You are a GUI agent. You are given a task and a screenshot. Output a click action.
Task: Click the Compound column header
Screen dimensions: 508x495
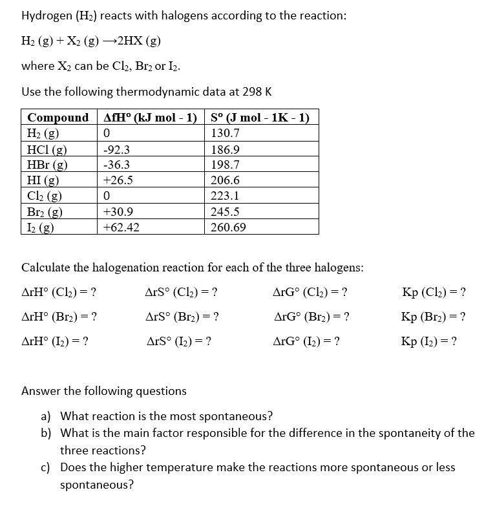click(x=58, y=118)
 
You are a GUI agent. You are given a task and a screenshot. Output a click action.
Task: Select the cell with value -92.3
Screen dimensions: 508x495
click(x=117, y=149)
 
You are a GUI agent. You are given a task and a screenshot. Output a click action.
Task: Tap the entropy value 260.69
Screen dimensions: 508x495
click(x=228, y=228)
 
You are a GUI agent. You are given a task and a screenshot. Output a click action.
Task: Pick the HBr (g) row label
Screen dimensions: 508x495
click(x=48, y=165)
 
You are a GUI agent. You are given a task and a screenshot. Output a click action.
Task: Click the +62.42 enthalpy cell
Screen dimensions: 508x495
click(x=121, y=228)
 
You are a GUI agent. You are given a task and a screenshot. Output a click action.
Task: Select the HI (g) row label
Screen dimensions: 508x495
click(x=43, y=180)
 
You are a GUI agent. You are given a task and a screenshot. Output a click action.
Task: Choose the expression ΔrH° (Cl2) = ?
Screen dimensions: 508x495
click(x=59, y=292)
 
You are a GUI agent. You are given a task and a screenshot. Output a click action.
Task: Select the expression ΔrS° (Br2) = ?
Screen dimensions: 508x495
click(x=182, y=317)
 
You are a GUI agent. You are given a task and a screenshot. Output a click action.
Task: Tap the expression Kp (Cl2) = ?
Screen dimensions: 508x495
click(x=434, y=292)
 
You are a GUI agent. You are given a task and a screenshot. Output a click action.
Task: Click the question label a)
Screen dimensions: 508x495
click(x=48, y=416)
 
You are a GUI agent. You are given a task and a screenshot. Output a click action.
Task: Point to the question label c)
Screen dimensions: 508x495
click(x=48, y=467)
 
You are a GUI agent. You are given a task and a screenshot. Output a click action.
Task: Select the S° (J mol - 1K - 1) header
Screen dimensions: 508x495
click(x=260, y=118)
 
